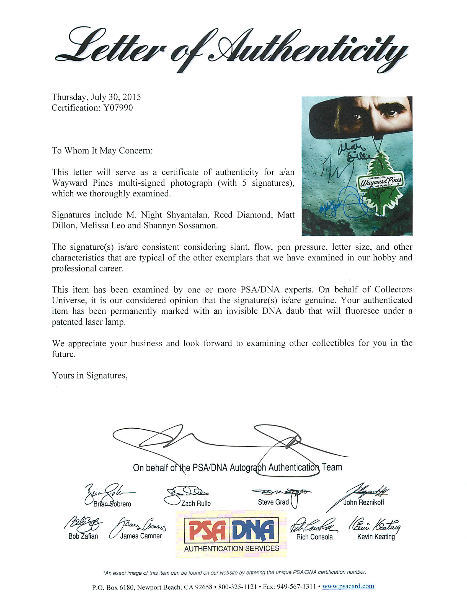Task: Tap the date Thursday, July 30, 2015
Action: [x=96, y=97]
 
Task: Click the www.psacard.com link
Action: [x=348, y=586]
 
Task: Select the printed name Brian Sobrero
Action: [x=112, y=504]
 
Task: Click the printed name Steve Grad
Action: [x=273, y=502]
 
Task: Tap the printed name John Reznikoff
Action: [x=363, y=502]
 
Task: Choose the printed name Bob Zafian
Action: [x=83, y=536]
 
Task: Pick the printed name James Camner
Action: [x=141, y=536]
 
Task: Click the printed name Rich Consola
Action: [x=314, y=537]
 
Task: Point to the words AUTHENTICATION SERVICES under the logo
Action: [x=231, y=548]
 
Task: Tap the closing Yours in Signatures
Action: [x=89, y=375]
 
